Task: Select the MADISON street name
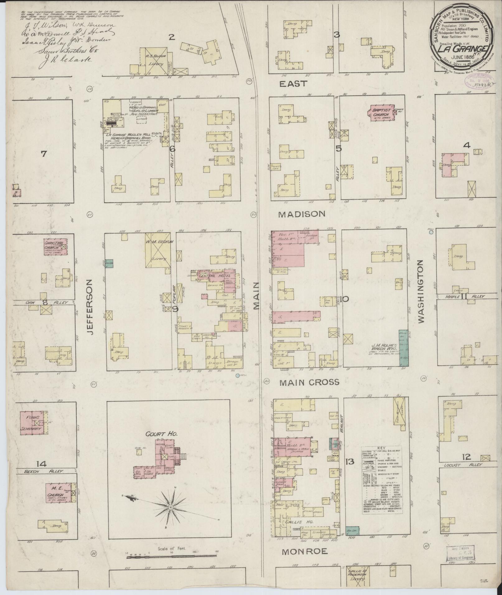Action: tap(302, 214)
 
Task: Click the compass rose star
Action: tap(171, 508)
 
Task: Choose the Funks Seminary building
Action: tap(34, 423)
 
